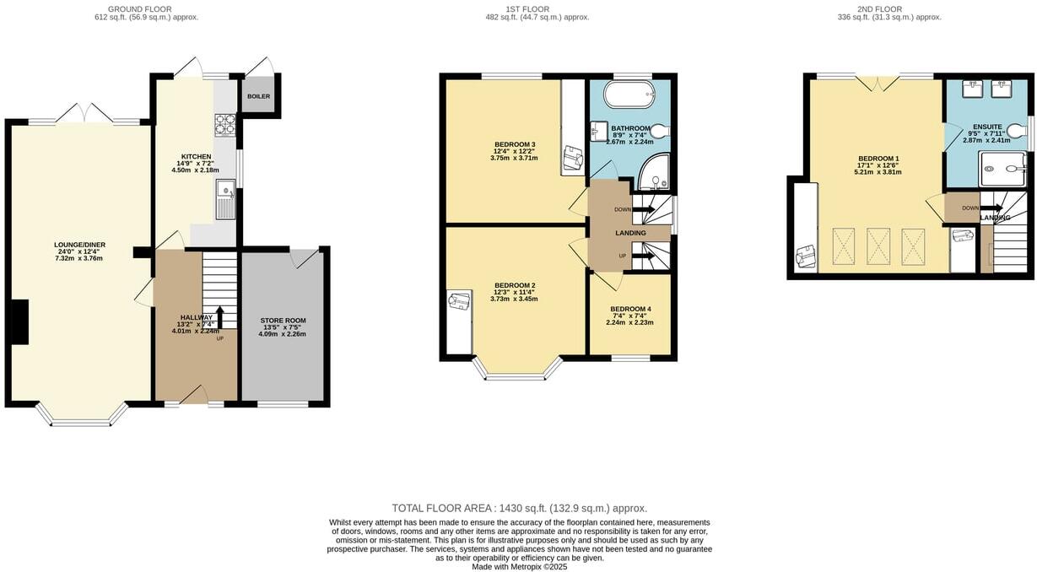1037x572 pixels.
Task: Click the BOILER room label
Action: [259, 97]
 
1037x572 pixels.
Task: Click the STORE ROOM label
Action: [283, 321]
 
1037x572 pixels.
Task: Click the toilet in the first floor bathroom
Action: [659, 132]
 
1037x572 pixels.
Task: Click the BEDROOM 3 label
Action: [515, 144]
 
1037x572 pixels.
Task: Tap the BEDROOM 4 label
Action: [630, 309]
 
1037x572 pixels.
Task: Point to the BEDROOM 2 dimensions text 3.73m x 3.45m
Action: [514, 299]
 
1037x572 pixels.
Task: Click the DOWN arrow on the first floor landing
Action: [643, 209]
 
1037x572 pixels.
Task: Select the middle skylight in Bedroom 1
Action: [879, 246]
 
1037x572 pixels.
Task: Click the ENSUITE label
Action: [986, 127]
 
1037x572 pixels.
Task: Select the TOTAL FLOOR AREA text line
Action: [519, 508]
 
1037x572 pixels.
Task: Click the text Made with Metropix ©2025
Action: [519, 567]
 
